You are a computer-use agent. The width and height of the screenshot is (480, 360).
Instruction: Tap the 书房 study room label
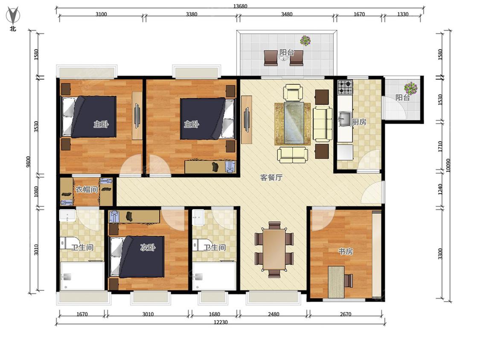(345, 251)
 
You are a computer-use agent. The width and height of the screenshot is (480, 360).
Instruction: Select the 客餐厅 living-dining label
(271, 177)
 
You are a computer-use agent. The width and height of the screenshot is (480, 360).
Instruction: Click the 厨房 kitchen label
(359, 122)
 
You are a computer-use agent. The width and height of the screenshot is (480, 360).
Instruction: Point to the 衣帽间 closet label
(87, 189)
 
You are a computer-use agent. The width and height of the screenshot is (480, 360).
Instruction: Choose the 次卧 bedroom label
(148, 247)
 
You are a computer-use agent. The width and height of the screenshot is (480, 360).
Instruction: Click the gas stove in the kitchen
(345, 87)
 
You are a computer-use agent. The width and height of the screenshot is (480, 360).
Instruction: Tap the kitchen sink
(345, 119)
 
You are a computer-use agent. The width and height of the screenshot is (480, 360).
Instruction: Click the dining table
(274, 250)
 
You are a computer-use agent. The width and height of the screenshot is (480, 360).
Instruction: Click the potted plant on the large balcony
(305, 41)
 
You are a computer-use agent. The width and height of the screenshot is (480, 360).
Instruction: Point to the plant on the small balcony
(410, 88)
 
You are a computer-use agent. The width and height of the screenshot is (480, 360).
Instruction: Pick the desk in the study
(336, 282)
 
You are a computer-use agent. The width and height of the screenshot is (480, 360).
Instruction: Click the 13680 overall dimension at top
(240, 6)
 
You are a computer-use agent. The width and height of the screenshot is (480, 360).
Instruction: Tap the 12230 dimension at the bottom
(221, 322)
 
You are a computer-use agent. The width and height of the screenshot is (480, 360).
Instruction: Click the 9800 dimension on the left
(28, 162)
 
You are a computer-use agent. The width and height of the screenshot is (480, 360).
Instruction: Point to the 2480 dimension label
(273, 314)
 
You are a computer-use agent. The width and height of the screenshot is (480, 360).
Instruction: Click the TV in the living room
(247, 119)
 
